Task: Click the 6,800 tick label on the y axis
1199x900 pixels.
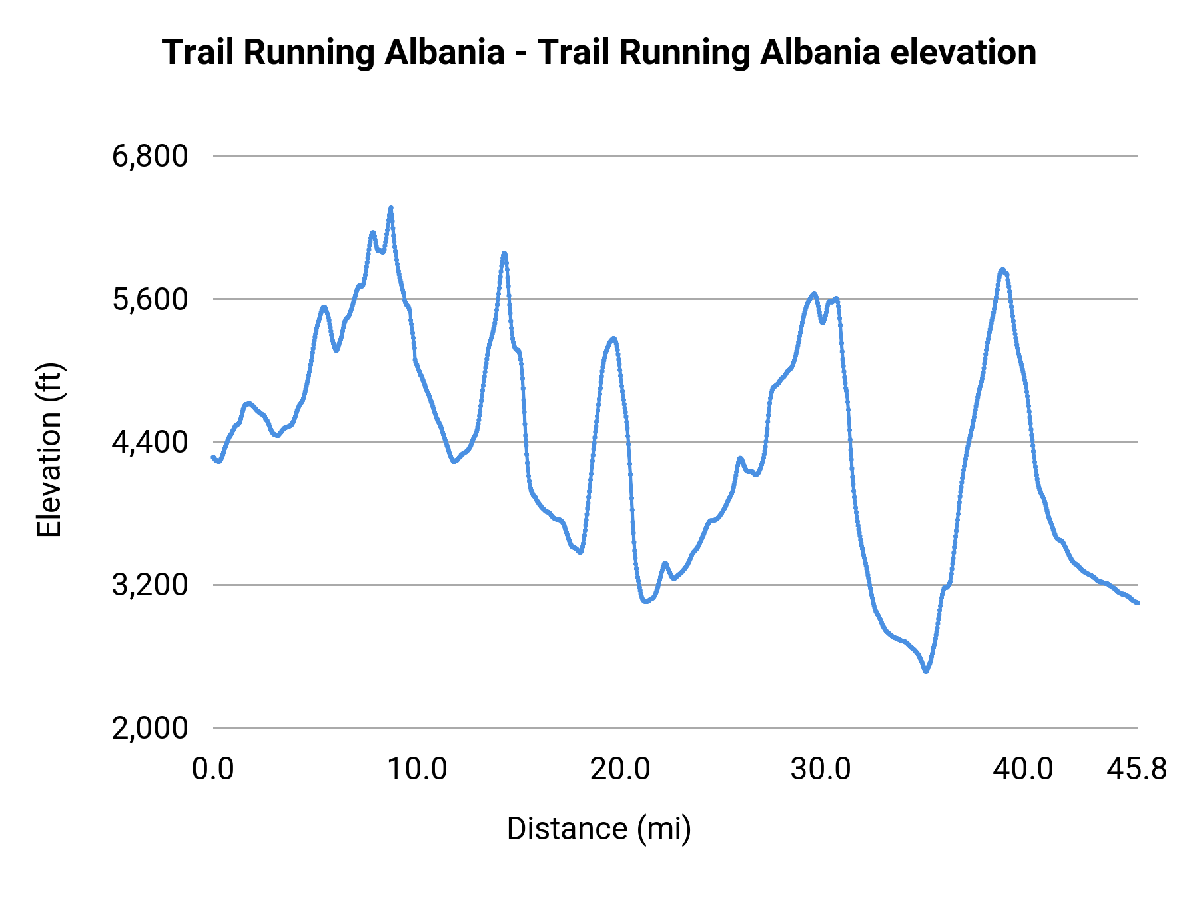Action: [150, 157]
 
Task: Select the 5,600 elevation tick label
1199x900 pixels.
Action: [150, 299]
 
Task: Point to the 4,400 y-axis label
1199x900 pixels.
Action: [150, 442]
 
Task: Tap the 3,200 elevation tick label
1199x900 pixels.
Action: [150, 585]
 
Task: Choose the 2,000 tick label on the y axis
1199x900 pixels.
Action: [150, 728]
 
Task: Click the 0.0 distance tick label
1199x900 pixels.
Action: [213, 769]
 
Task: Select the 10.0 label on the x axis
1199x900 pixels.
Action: [417, 769]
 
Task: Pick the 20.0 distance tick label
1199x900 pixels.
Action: [619, 769]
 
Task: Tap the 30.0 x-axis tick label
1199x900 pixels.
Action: [821, 769]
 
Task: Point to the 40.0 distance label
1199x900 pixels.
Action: [1023, 769]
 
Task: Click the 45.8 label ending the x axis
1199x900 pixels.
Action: [1137, 769]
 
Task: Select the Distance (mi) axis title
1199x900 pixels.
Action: [599, 829]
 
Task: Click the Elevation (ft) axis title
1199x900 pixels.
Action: [49, 450]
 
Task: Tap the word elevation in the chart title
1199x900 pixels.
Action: [963, 52]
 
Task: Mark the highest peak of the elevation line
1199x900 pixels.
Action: [391, 208]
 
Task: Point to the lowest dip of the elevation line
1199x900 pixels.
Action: [926, 671]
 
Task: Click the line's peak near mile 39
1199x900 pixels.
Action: [1002, 270]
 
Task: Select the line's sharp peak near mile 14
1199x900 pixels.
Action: [504, 253]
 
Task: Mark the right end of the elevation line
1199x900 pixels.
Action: [1138, 603]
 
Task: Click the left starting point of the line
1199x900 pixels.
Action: [213, 457]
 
